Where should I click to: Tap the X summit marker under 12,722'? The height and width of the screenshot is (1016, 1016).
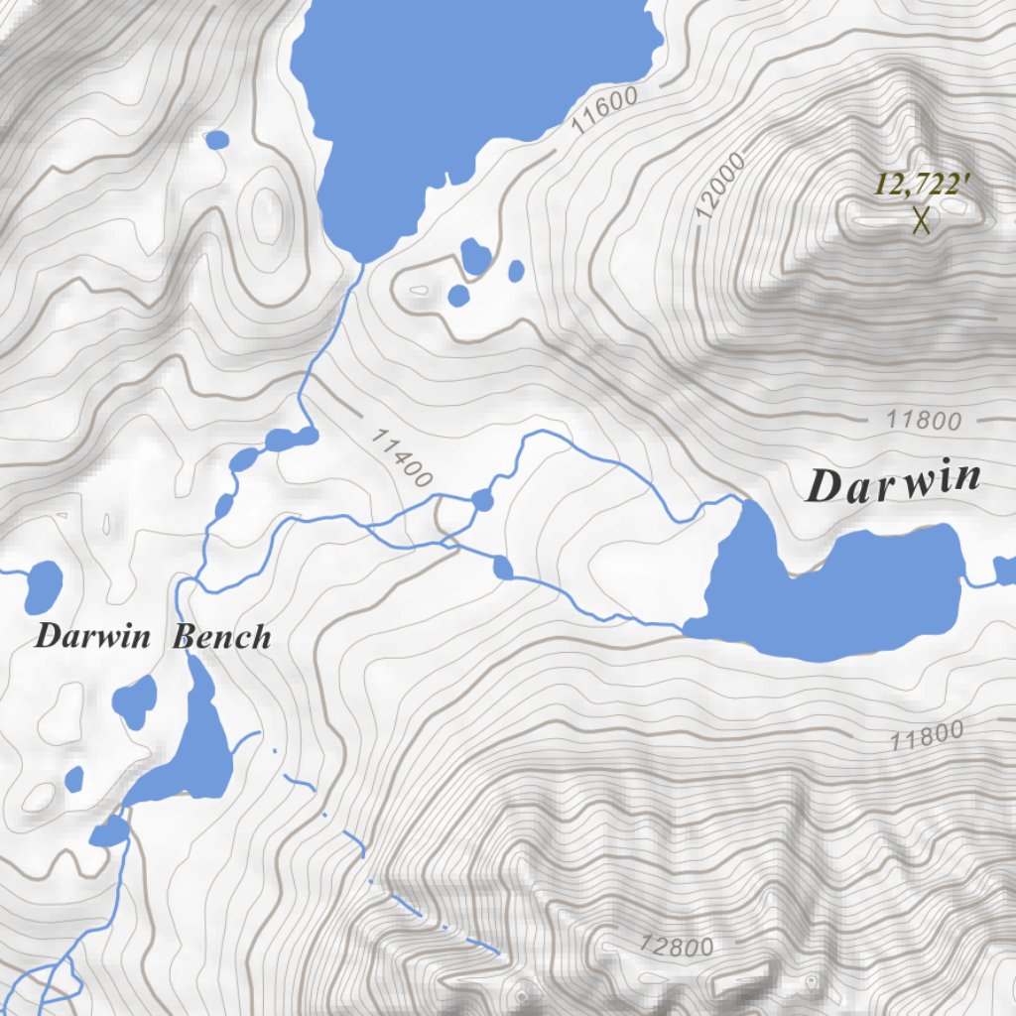922,220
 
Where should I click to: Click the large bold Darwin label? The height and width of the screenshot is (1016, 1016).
894,484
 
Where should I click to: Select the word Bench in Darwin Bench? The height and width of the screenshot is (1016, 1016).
221,636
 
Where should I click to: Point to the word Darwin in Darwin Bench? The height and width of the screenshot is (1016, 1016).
92,636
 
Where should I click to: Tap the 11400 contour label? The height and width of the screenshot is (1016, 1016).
402,456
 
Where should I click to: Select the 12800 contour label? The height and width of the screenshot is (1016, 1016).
677,946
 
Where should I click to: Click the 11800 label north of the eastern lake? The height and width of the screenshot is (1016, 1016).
924,421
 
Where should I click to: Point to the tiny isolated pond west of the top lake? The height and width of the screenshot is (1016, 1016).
216,140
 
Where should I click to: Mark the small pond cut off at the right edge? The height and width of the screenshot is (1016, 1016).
1005,571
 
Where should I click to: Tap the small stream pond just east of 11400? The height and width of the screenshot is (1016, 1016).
482,500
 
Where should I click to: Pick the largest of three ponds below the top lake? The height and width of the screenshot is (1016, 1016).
475,257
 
